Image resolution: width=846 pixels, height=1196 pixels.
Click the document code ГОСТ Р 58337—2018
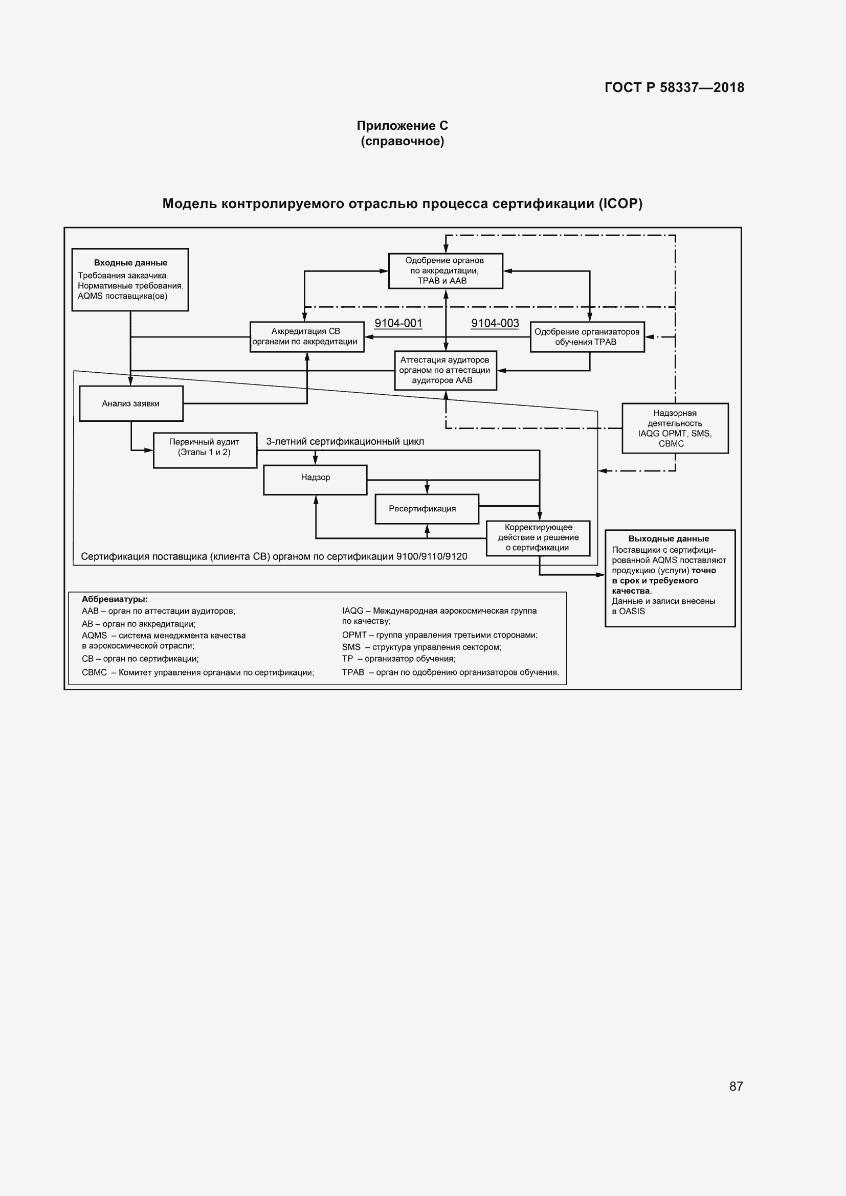point(674,87)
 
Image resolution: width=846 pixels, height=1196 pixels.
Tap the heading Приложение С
point(402,126)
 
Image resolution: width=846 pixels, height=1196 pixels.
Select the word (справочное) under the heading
point(402,141)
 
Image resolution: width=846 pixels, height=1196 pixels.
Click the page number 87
point(736,1086)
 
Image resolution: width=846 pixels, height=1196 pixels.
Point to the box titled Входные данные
point(130,280)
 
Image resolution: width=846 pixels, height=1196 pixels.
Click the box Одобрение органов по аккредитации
point(446,271)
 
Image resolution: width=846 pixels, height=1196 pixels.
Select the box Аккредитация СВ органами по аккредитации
point(307,336)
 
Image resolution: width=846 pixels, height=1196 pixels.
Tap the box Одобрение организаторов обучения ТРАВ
point(587,337)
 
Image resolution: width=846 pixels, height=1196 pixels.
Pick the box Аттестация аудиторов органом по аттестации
point(446,370)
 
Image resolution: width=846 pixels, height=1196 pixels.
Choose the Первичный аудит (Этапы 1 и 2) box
point(205,450)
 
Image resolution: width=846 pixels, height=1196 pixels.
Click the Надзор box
point(315,480)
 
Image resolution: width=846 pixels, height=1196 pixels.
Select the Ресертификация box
point(427,509)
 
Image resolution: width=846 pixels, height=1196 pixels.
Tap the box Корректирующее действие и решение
point(538,538)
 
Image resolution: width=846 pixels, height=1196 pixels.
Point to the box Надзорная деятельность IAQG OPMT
point(675,428)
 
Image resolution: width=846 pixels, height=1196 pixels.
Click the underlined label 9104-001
point(398,324)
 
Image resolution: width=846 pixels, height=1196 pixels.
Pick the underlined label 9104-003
point(495,324)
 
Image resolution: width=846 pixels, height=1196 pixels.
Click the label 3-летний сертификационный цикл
point(345,442)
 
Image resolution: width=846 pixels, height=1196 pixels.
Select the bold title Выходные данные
point(669,538)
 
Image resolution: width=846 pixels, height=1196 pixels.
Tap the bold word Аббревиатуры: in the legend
point(115,600)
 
